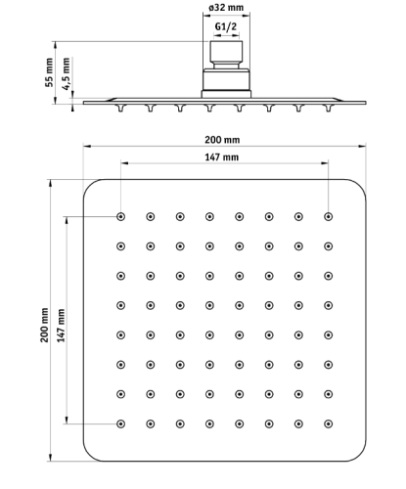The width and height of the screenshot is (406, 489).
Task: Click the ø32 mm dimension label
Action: click(x=226, y=7)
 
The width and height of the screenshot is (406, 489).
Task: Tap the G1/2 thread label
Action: click(x=226, y=26)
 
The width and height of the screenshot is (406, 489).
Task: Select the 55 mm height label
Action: click(x=49, y=72)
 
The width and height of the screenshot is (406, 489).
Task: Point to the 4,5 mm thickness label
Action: click(x=67, y=73)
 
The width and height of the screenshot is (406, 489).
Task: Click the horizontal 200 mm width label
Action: click(x=222, y=140)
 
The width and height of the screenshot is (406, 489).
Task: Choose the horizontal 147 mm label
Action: click(x=221, y=157)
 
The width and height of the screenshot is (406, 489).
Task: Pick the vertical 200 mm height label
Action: click(x=44, y=325)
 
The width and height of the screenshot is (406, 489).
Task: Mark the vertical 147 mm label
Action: click(x=61, y=326)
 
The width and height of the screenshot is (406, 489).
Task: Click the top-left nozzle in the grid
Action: click(x=120, y=216)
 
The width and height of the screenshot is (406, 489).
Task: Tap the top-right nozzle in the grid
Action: click(x=328, y=216)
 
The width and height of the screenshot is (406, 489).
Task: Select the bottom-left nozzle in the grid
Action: click(x=120, y=423)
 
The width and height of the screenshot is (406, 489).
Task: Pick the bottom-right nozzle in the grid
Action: click(x=328, y=423)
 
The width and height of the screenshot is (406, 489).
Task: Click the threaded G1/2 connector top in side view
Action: click(x=226, y=52)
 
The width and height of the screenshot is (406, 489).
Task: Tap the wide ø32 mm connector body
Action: click(x=226, y=80)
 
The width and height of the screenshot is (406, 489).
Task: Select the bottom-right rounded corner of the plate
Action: click(x=359, y=455)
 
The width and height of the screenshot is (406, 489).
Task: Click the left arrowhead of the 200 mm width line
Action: click(x=86, y=147)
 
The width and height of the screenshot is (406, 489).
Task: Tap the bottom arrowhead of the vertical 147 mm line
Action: click(x=67, y=420)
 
